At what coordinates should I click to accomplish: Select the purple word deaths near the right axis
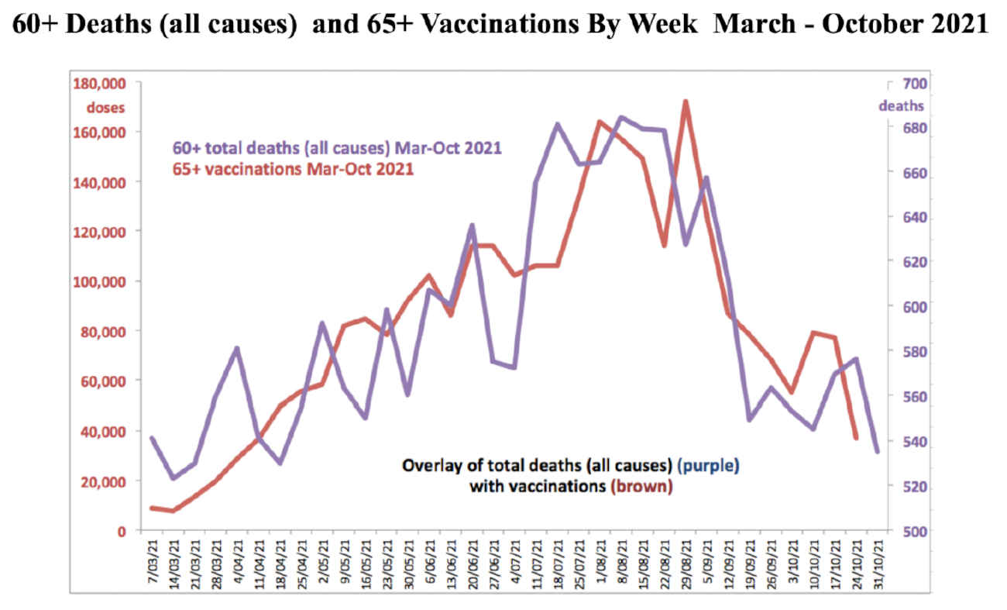coord(901,105)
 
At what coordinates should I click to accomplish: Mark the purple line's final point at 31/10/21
coord(877,451)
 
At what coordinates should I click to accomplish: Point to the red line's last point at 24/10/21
coord(856,439)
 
